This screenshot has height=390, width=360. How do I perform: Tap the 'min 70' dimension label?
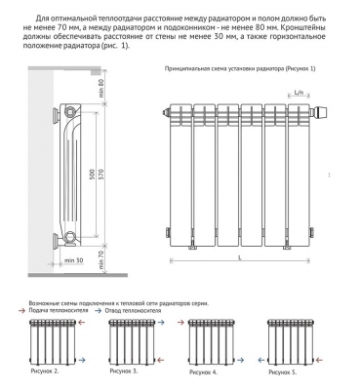pos(100,260)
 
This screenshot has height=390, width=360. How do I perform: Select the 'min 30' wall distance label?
pos(73,260)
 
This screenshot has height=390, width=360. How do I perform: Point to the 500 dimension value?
pos(92,175)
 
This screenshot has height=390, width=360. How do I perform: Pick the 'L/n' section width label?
pos(299,93)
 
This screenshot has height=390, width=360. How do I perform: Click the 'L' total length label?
pos(240,257)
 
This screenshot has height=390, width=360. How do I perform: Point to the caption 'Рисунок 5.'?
pos(283,372)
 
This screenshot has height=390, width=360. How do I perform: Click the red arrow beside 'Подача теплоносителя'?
pos(22,311)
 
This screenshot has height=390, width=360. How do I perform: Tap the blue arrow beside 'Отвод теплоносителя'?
pos(98,311)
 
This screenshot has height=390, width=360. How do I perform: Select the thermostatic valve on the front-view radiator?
pos(320,112)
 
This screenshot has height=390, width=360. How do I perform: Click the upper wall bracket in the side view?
pos(56,114)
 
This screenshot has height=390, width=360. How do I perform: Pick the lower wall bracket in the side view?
pos(56,241)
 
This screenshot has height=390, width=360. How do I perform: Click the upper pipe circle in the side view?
pos(70,111)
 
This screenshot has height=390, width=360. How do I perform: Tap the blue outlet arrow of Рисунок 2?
pos(82,360)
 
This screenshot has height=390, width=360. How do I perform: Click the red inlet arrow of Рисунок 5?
pos(320,360)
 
